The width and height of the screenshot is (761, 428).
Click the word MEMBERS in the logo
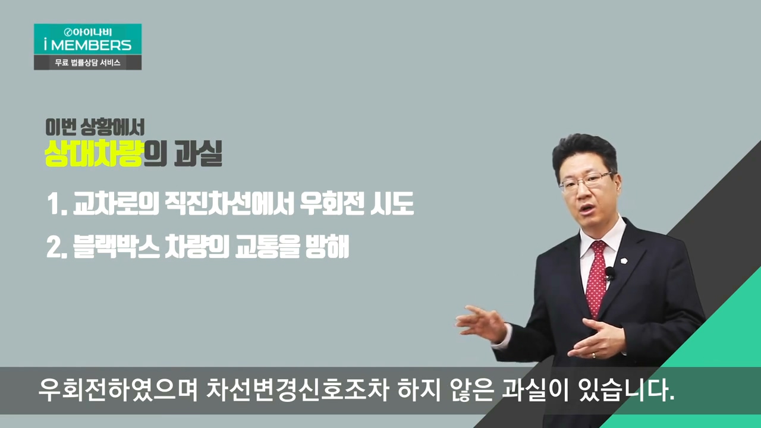[x=91, y=45]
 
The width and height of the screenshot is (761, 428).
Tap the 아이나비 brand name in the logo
[x=88, y=32]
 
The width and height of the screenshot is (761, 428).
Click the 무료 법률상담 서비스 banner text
[x=87, y=62]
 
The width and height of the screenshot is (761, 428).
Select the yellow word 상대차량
[x=93, y=153]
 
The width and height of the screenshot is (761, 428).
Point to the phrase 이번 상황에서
[x=95, y=127]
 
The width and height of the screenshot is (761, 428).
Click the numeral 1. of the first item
[x=57, y=204]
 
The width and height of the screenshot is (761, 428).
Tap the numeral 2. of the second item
[x=56, y=247]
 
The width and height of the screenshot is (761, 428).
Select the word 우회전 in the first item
[x=331, y=203]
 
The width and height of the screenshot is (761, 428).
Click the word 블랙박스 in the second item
[x=116, y=247]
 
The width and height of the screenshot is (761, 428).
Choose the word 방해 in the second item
[x=327, y=247]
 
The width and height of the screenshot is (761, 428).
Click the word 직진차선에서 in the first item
[x=229, y=203]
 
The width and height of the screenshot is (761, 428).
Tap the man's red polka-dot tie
[x=597, y=279]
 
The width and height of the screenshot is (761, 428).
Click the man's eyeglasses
[x=587, y=181]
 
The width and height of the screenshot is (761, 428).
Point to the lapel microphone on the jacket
[x=610, y=274]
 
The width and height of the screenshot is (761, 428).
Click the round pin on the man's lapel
[x=624, y=261]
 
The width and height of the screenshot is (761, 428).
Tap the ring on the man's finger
[x=594, y=355]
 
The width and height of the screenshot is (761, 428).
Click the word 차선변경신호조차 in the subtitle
[x=297, y=391]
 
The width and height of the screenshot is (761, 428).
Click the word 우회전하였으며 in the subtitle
[x=118, y=391]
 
